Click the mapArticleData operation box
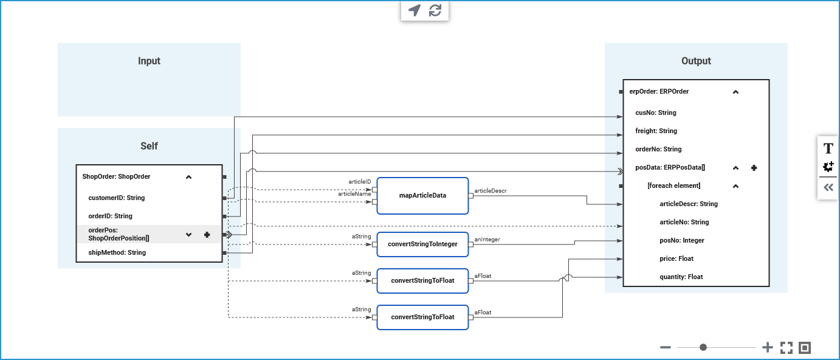[422, 196]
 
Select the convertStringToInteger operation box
[422, 244]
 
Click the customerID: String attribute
[117, 198]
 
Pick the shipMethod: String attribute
[117, 252]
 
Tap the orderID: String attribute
[110, 216]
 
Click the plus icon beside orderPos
[207, 235]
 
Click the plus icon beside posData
[754, 168]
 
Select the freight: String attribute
[656, 131]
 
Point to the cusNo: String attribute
[655, 112]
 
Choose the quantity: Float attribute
[681, 277]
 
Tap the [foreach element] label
[673, 185]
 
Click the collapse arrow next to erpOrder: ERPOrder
[735, 92]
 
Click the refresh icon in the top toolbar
[435, 10]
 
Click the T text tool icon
[828, 148]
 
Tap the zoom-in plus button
[768, 347]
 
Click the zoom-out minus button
[666, 347]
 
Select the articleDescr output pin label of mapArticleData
[490, 191]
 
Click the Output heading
[696, 61]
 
